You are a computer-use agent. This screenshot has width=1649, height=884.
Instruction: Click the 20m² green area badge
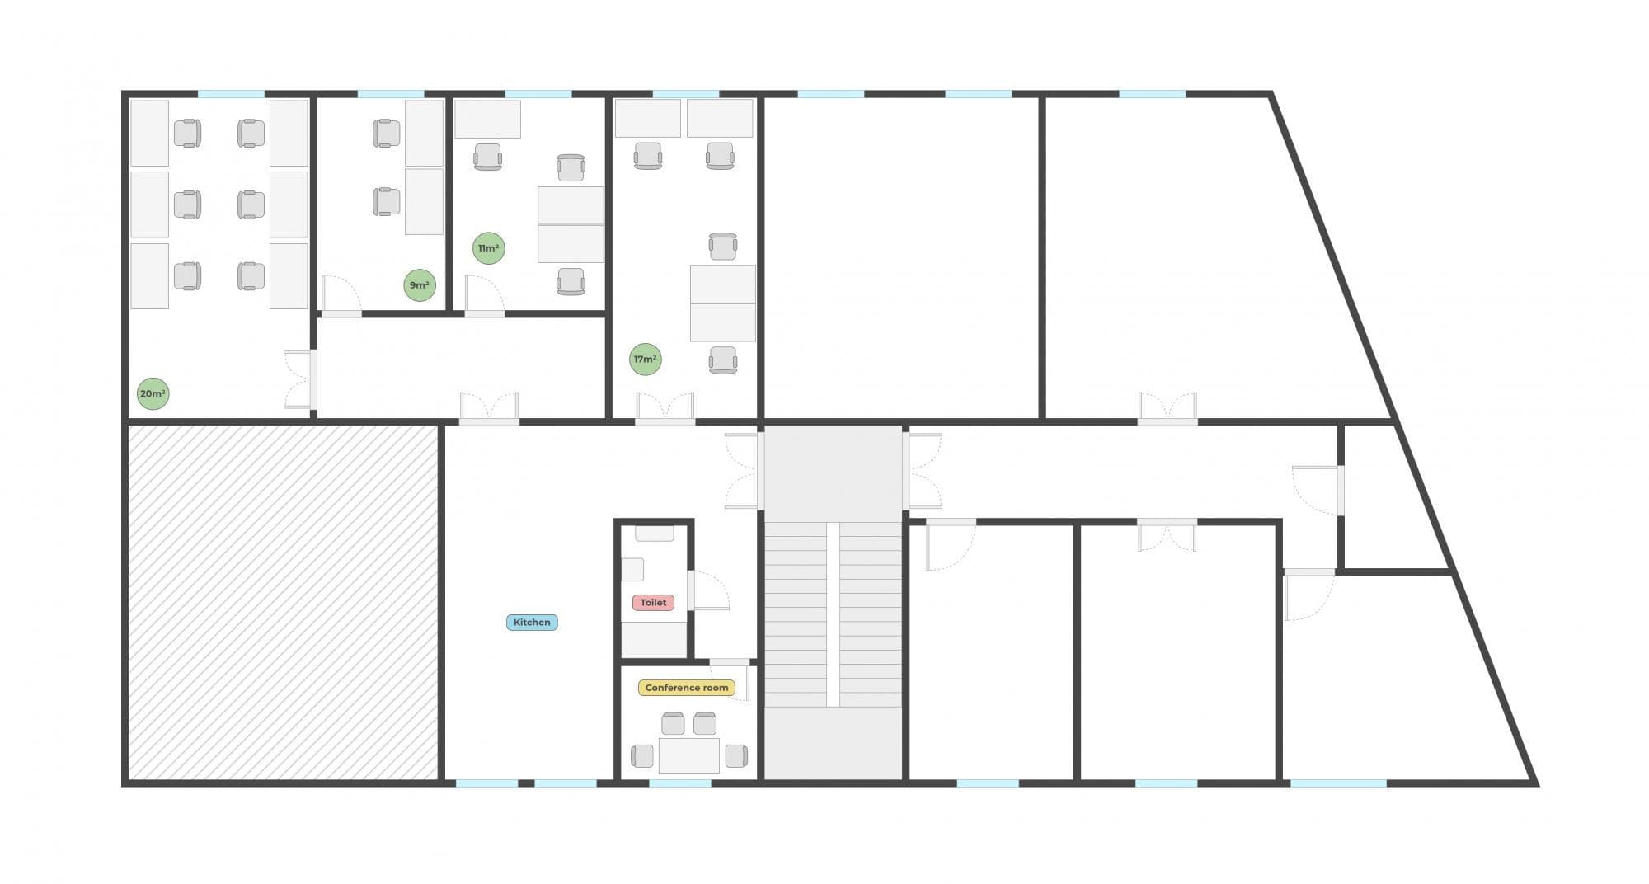[x=153, y=393]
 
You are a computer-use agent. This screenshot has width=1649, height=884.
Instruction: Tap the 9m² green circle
[x=419, y=285]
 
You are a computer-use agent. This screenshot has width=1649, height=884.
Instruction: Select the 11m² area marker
[x=488, y=248]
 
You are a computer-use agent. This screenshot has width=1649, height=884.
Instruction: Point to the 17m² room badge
[x=645, y=360]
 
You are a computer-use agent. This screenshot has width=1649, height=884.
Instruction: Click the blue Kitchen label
[x=532, y=623]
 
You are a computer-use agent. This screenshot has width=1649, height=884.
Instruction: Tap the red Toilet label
[x=653, y=603]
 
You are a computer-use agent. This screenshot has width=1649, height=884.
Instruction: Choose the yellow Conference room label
[x=687, y=688]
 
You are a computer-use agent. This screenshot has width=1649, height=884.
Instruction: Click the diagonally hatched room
[x=283, y=602]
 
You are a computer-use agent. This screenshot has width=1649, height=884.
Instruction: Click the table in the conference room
[x=688, y=755]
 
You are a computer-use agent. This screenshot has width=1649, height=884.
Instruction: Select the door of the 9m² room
[x=341, y=295]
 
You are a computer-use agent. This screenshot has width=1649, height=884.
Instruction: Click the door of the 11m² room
[x=484, y=295]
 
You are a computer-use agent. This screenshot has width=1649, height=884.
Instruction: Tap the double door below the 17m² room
[x=665, y=408]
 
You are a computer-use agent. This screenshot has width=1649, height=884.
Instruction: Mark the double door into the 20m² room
[x=300, y=379]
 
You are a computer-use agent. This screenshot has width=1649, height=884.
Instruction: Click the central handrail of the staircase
[x=833, y=614]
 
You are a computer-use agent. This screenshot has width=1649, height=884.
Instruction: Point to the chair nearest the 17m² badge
[x=723, y=360]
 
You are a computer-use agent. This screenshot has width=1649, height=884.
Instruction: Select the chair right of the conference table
[x=736, y=755]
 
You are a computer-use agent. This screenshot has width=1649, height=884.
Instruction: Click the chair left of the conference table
[x=642, y=755]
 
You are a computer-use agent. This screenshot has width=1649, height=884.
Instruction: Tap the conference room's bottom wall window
[x=680, y=783]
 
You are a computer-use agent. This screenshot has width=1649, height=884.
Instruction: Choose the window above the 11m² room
[x=538, y=94]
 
